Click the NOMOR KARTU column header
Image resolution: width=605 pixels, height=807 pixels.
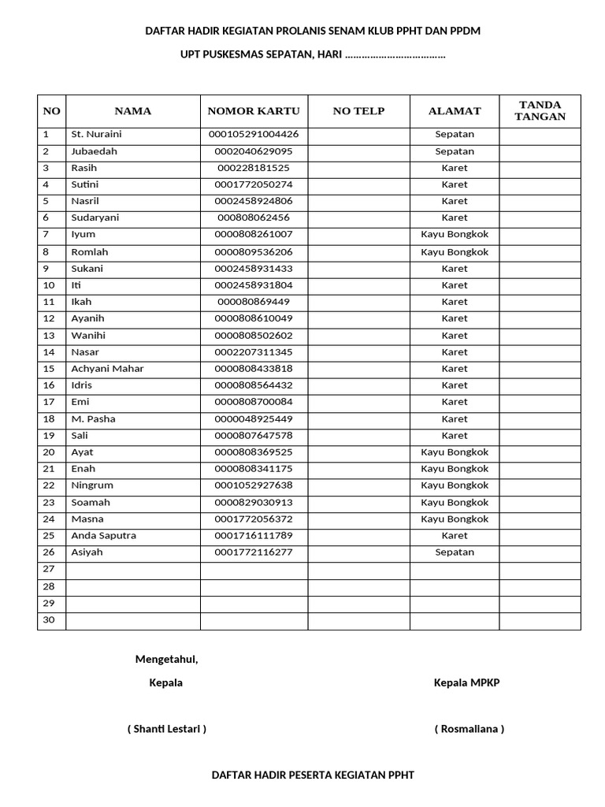click(254, 111)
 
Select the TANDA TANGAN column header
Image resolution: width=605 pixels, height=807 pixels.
click(540, 111)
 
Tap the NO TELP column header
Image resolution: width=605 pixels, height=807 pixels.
click(358, 111)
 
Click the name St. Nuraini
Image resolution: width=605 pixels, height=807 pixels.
click(96, 134)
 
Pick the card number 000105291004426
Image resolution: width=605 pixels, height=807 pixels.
click(254, 134)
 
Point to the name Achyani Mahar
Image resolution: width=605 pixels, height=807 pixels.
click(107, 369)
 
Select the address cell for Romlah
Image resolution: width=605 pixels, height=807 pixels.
click(455, 252)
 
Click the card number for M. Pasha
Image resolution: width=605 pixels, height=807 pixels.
click(254, 419)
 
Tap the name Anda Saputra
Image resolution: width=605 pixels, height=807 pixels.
click(103, 536)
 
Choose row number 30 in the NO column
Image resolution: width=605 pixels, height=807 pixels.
click(49, 619)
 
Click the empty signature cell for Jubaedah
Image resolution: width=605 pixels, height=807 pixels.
click(540, 151)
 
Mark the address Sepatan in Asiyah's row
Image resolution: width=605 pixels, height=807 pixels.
click(455, 552)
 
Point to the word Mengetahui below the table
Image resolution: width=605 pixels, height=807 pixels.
click(166, 660)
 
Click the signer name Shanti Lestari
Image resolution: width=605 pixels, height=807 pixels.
click(167, 729)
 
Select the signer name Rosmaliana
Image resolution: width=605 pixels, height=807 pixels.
click(469, 729)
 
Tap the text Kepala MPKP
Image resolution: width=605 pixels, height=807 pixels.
click(466, 683)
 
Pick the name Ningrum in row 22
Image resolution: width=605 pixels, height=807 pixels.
click(92, 485)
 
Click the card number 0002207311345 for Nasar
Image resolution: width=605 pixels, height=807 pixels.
click(254, 352)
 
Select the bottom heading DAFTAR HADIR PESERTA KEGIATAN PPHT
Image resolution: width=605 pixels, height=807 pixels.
click(313, 775)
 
